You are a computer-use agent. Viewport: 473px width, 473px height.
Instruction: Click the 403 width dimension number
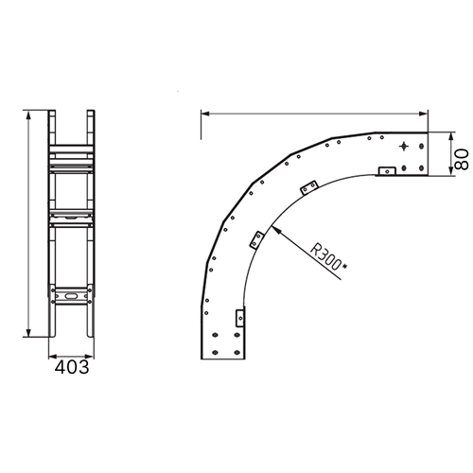click(x=72, y=367)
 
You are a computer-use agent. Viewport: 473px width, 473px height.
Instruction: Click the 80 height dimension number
click(x=463, y=159)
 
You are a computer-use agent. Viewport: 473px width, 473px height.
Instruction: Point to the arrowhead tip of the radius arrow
click(x=271, y=226)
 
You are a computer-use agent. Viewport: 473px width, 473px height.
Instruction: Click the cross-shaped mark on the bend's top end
click(x=404, y=147)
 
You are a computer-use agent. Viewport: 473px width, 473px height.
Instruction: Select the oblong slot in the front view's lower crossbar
click(x=71, y=296)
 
